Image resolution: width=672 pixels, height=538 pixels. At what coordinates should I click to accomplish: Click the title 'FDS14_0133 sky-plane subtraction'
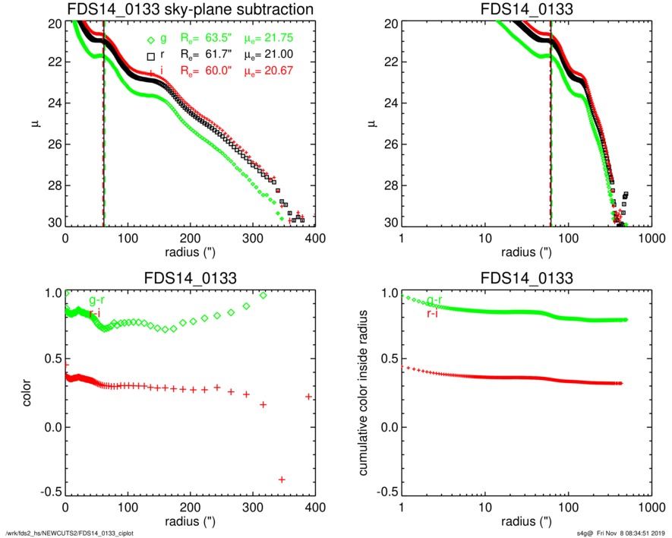tap(190, 9)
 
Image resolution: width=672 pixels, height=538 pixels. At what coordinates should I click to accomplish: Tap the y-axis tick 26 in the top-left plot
tap(54, 144)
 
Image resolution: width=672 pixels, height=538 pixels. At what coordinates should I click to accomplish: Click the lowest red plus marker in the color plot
tap(282, 479)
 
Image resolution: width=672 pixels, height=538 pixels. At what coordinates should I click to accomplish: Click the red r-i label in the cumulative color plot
tap(434, 312)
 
